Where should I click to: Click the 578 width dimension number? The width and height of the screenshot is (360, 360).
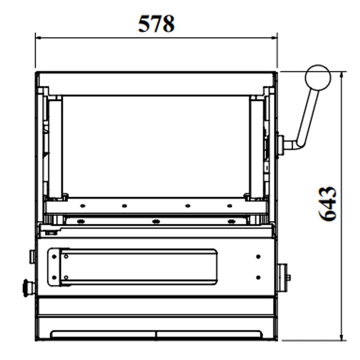point(156,24)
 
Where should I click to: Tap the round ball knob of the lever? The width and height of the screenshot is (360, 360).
point(318,78)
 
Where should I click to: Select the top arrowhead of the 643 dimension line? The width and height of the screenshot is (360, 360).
point(341,74)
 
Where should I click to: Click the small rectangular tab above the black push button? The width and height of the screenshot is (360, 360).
point(32,257)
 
